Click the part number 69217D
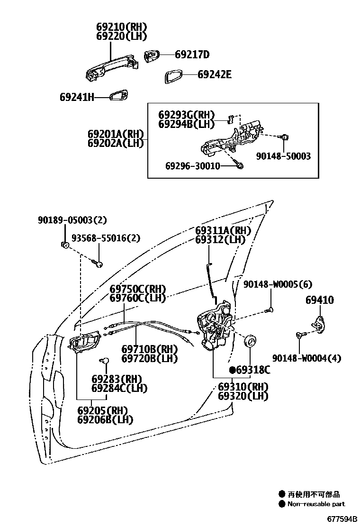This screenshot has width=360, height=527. coord(192,55)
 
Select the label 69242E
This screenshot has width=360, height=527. coord(215,74)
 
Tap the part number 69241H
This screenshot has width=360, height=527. coord(77,97)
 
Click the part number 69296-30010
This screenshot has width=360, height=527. coord(192,166)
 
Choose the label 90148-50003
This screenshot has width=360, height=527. coord(284,156)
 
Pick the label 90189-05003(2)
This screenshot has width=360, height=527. coord(72,220)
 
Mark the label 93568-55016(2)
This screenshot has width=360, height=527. coord(106,238)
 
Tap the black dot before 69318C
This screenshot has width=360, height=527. coord(233,370)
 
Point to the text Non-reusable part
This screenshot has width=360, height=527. coord(316,504)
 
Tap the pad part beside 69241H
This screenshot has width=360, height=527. coord(118,97)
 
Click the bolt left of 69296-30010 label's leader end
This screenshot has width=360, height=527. coord(239,165)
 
